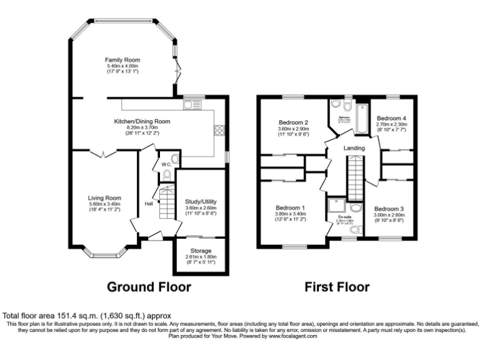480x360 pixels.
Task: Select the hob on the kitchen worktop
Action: pyautogui.click(x=219, y=130)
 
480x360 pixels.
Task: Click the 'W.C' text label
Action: pyautogui.click(x=166, y=165)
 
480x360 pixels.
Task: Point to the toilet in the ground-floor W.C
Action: pyautogui.click(x=166, y=176)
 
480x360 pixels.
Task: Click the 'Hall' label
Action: pyautogui.click(x=149, y=204)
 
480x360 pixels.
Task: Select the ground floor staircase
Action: pyautogui.click(x=166, y=204)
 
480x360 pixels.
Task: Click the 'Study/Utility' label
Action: pyautogui.click(x=201, y=202)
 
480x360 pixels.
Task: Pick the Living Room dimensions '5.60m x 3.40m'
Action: pyautogui.click(x=104, y=204)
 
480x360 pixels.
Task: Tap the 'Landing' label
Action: pyautogui.click(x=354, y=147)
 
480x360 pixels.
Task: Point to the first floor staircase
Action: pyautogui.click(x=355, y=178)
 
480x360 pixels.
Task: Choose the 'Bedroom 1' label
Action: pyautogui.click(x=291, y=207)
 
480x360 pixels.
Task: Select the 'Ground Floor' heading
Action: pyautogui.click(x=149, y=287)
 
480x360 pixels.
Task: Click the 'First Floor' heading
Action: pyautogui.click(x=336, y=287)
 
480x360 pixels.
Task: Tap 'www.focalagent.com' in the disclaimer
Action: pyautogui.click(x=292, y=336)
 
